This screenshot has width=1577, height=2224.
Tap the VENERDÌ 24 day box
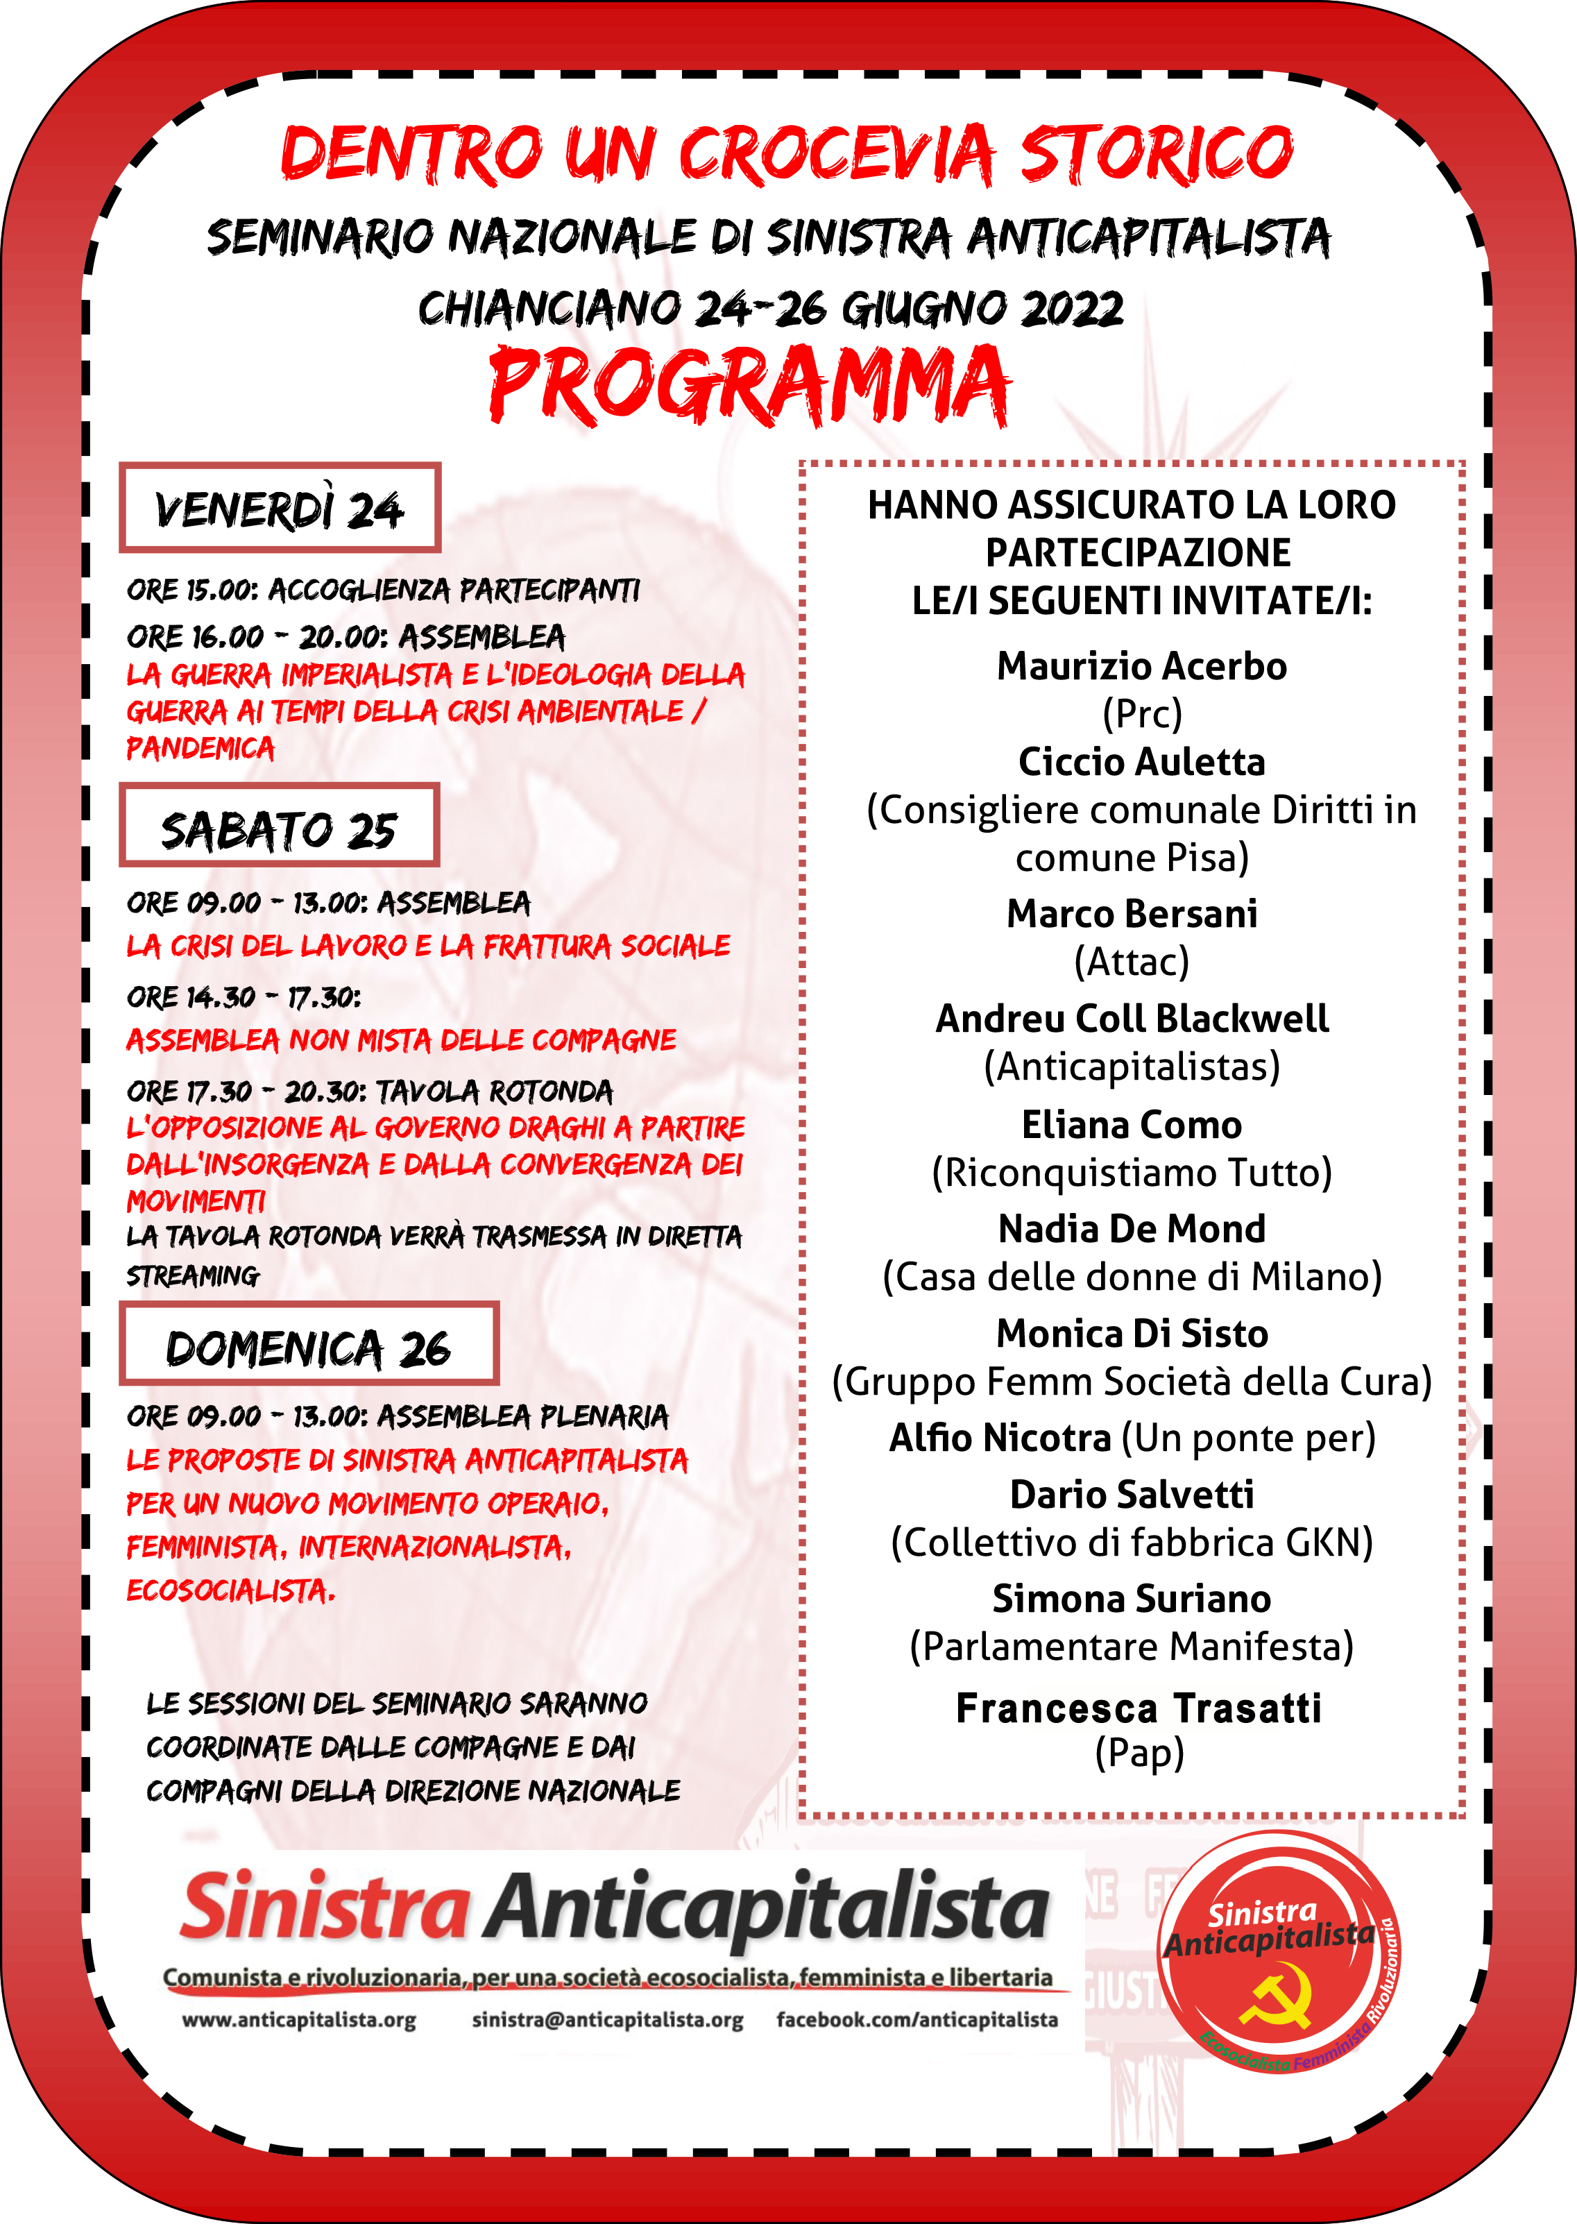(x=280, y=508)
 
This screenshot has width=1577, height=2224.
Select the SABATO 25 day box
(x=279, y=826)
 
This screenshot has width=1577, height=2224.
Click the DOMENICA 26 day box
(x=309, y=1345)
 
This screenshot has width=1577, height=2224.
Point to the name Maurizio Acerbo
(x=1141, y=666)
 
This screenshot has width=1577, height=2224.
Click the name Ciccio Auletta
(x=1141, y=763)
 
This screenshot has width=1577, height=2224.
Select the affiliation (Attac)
(x=1132, y=962)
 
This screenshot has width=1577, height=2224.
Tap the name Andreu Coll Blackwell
(x=1132, y=1019)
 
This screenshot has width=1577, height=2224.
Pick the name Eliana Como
(x=1132, y=1125)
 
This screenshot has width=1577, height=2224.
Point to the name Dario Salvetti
(x=1132, y=1495)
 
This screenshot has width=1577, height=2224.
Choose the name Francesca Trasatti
(x=1138, y=1708)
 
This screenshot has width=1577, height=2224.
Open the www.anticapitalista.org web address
(x=299, y=2021)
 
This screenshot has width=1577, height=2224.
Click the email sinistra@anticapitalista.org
(x=607, y=2021)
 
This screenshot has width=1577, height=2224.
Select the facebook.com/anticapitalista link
(x=917, y=2021)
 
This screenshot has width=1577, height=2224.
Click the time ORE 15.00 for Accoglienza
(x=190, y=591)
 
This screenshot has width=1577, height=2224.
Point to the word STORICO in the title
(x=1156, y=153)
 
